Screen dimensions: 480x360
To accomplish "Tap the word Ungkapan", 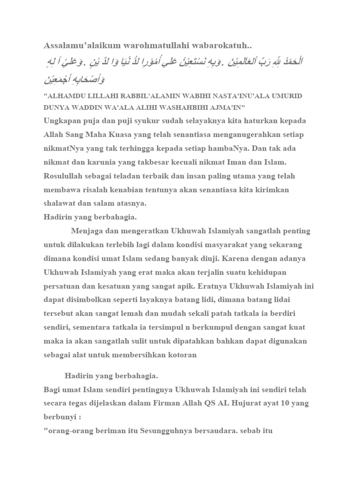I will click(63, 120).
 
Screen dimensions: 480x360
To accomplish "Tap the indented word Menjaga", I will click(88, 231).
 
